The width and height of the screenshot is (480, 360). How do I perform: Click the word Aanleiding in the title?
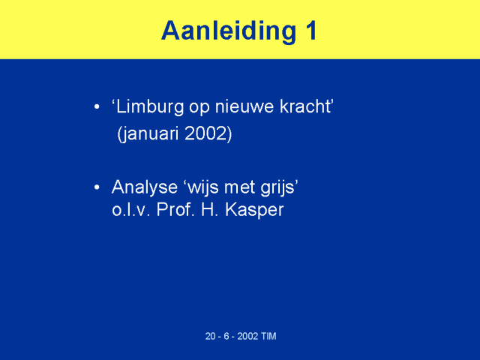click(228, 31)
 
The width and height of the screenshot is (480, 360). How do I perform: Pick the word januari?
click(148, 134)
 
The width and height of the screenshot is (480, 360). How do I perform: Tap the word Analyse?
click(145, 187)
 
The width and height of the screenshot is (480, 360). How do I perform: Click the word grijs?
click(279, 187)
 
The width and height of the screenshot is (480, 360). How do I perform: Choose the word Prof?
click(175, 210)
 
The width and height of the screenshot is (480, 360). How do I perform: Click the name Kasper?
click(254, 211)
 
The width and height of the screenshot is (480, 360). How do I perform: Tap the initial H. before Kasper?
click(210, 210)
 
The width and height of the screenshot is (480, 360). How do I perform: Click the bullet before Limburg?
click(97, 106)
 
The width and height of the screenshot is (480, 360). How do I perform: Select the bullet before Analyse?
click(97, 187)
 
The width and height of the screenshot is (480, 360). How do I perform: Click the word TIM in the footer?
click(269, 336)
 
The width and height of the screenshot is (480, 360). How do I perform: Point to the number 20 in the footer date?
click(210, 336)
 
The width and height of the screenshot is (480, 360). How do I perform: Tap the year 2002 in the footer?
click(247, 336)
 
